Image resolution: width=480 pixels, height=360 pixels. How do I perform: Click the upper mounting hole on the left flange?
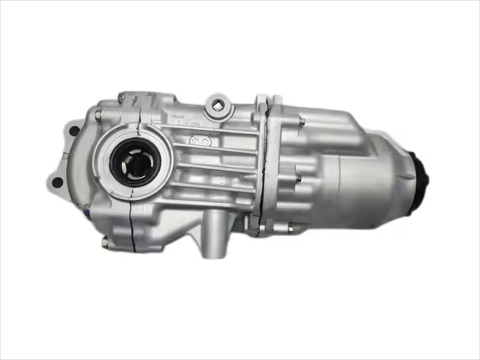point(72,131)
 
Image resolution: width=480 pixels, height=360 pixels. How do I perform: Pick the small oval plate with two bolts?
point(199,141)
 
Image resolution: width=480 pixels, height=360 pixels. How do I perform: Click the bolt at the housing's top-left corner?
point(121,98)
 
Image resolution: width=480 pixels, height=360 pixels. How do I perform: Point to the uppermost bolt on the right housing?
point(302,121)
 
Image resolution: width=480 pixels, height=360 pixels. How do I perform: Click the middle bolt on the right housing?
point(298,178)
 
